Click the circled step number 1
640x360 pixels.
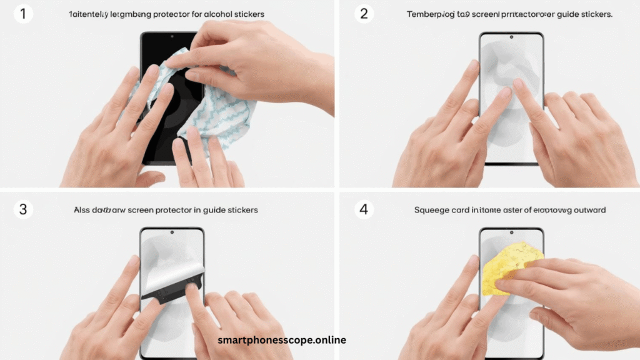(x=23, y=14)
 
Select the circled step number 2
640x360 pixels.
(x=364, y=14)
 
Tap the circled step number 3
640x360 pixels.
(x=23, y=209)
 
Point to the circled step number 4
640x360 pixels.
(x=364, y=209)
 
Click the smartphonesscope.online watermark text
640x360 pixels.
(x=281, y=341)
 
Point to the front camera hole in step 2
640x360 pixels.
(x=511, y=38)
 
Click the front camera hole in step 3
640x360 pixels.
(x=172, y=233)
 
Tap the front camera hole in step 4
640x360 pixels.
(x=511, y=233)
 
